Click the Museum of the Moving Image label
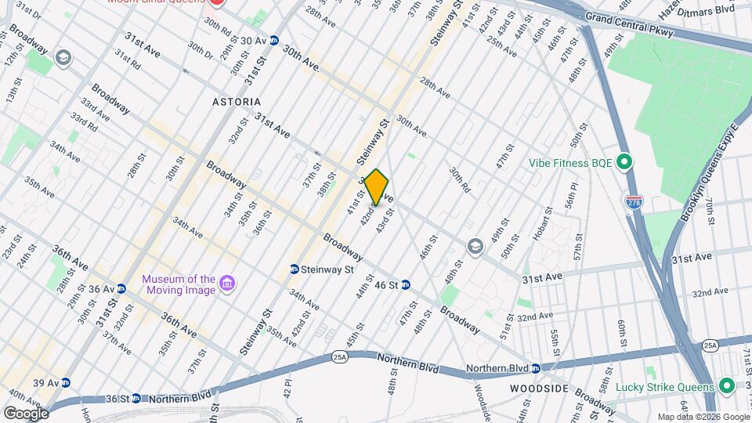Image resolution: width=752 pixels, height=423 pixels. (x=179, y=285)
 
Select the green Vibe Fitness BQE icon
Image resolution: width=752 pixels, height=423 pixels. (x=624, y=163)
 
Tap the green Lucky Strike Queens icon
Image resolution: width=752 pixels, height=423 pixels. (x=726, y=387)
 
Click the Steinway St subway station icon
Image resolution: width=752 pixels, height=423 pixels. (x=295, y=269)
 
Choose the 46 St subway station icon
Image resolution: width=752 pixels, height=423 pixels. (x=407, y=285)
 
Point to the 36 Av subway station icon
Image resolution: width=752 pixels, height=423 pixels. (x=121, y=288)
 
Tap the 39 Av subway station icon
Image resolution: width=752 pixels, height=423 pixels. (x=66, y=383)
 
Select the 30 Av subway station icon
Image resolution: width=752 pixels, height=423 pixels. (x=274, y=40)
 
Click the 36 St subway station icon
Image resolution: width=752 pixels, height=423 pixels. (x=136, y=398)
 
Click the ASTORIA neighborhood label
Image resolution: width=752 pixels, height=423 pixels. (x=236, y=103)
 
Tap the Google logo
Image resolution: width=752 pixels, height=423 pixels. (x=25, y=413)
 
